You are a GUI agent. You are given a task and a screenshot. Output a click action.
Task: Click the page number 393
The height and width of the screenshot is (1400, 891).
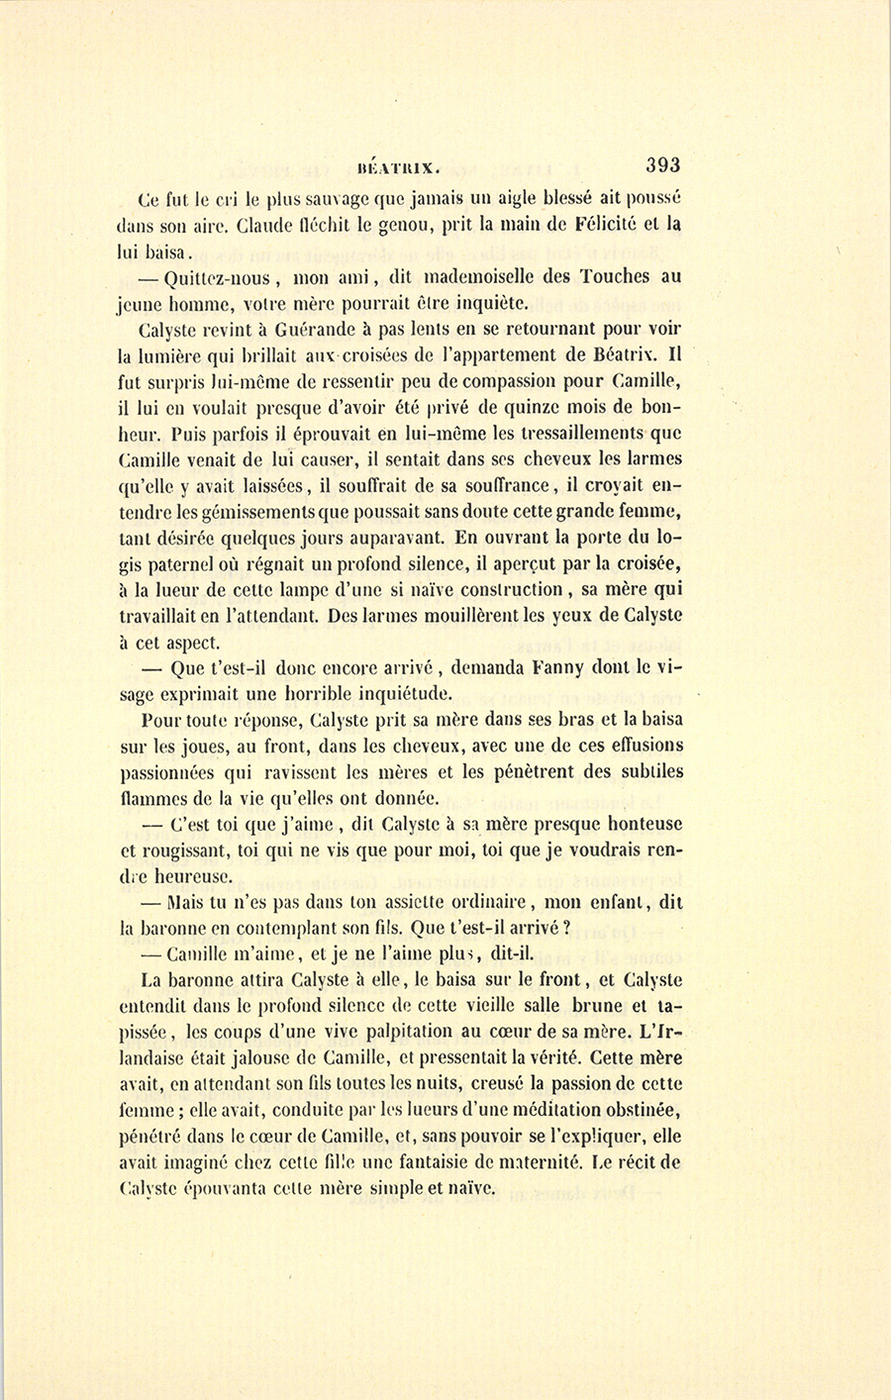tap(661, 164)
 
